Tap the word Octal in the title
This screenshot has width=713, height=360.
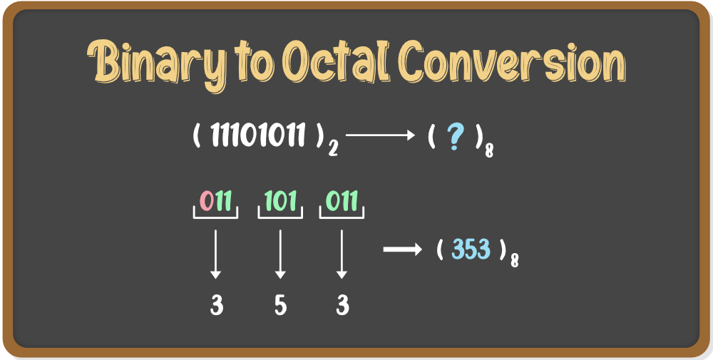pyautogui.click(x=340, y=63)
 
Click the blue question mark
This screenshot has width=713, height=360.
pyautogui.click(x=453, y=135)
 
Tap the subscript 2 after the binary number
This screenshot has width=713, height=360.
pyautogui.click(x=333, y=149)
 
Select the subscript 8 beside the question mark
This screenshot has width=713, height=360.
pyautogui.click(x=489, y=150)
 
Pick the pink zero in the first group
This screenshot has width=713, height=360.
pyautogui.click(x=207, y=201)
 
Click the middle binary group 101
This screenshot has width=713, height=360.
pyautogui.click(x=280, y=201)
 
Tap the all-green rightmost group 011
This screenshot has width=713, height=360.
pyautogui.click(x=342, y=201)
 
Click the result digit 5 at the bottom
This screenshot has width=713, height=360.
pyautogui.click(x=280, y=305)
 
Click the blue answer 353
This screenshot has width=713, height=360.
pyautogui.click(x=471, y=250)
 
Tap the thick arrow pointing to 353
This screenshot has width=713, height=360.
pyautogui.click(x=404, y=249)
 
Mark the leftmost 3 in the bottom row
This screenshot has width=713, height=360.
pyautogui.click(x=217, y=305)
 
